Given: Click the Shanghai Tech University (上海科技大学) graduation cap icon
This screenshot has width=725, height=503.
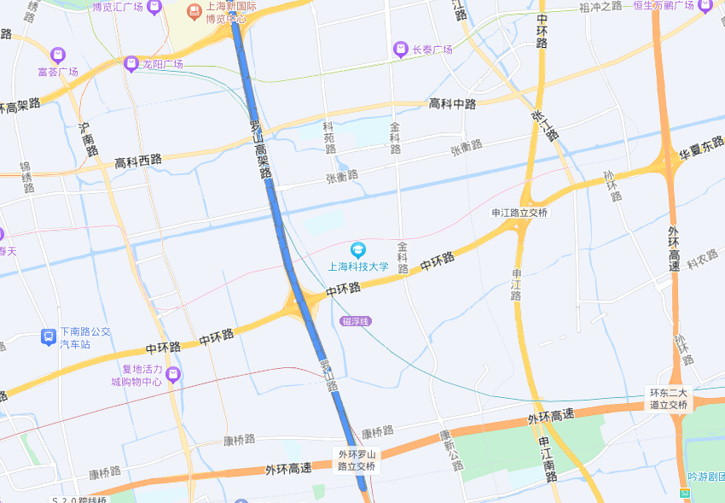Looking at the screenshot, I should click(x=358, y=249).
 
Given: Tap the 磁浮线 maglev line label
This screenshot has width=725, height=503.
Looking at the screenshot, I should click(x=356, y=321).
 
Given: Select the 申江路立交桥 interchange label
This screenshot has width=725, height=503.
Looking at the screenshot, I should click(x=519, y=213).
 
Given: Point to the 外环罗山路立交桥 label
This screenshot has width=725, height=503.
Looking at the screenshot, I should click(x=357, y=460).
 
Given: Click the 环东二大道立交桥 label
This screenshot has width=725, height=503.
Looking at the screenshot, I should click(x=668, y=399).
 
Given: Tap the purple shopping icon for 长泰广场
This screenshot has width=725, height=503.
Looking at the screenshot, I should click(x=400, y=50).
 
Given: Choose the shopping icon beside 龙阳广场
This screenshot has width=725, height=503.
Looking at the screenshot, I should click(x=130, y=63).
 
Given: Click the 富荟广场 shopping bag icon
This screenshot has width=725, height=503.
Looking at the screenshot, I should click(x=58, y=55).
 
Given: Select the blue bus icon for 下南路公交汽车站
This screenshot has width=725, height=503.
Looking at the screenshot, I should click(x=49, y=337).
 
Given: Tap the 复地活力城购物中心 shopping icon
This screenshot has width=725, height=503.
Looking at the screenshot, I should click(x=173, y=375).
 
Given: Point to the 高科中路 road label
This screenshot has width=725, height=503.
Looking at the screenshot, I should click(x=452, y=104).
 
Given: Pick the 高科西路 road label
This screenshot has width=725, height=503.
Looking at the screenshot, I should click(x=138, y=161).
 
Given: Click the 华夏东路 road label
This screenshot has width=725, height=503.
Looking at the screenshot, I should click(x=701, y=151).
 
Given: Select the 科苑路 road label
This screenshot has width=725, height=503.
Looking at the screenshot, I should click(x=329, y=137).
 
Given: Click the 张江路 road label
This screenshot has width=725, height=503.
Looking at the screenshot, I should click(x=544, y=126).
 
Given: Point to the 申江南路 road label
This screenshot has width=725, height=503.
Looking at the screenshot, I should click(x=548, y=460).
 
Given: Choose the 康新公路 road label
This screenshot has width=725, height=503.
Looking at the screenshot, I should click(x=450, y=450).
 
